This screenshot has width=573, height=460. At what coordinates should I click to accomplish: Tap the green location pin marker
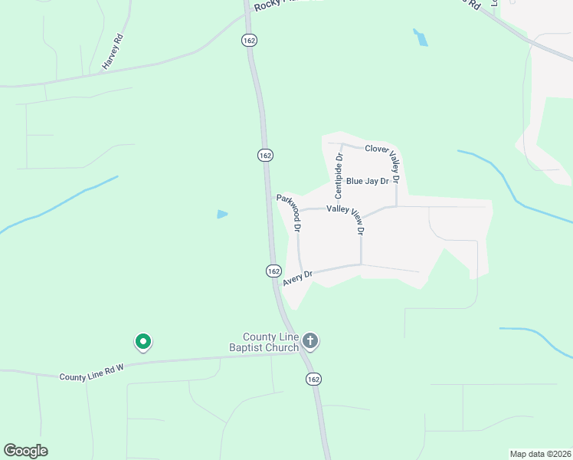(x=142, y=341)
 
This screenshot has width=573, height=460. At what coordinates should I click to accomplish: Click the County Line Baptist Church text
(x=270, y=343)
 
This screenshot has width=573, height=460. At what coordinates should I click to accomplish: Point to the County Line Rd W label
(x=92, y=372)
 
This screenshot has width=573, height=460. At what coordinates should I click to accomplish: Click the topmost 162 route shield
(x=248, y=40)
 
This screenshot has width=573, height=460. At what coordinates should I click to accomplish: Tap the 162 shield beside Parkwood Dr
(x=265, y=155)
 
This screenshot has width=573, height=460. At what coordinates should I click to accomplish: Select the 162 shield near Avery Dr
(x=273, y=271)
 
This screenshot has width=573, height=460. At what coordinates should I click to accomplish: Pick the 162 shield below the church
(x=313, y=379)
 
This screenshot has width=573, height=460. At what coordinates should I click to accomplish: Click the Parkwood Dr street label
(x=290, y=212)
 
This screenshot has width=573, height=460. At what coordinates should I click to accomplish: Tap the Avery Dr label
(x=298, y=278)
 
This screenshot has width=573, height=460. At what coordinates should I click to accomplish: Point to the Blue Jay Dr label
(x=368, y=182)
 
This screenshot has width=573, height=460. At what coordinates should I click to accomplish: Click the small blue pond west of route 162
(x=222, y=214)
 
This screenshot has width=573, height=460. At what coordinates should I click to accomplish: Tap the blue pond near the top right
(x=421, y=38)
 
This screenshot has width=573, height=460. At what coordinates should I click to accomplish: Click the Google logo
(x=25, y=451)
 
